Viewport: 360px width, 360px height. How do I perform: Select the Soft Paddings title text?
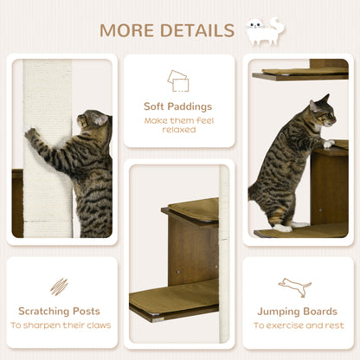178,106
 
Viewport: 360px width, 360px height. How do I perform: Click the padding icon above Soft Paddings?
178,80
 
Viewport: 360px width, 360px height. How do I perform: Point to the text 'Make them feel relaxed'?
178,125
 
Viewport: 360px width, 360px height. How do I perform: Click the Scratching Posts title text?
60,311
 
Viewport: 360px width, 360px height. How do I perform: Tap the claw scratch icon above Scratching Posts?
59,286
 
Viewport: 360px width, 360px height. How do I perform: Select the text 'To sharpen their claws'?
60,326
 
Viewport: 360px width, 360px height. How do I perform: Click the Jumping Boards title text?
296,311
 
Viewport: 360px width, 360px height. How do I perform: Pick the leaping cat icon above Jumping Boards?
295,286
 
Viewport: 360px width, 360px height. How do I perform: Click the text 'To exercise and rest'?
296,326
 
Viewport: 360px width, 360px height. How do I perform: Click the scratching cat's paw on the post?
32,135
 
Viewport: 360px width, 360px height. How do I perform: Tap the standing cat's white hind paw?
283,228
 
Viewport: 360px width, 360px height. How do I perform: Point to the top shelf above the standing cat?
299,74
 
